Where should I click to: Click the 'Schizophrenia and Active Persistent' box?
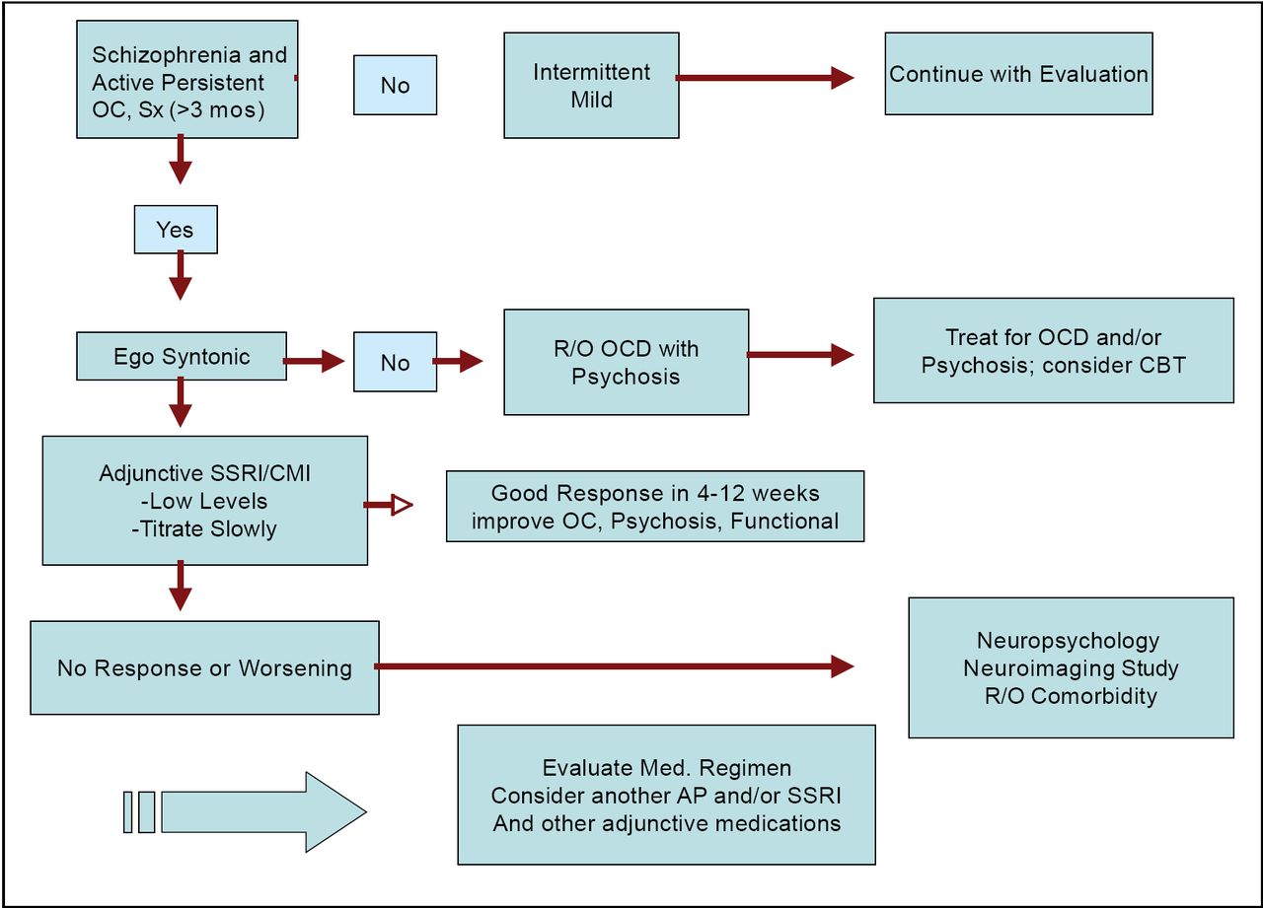pos(186,82)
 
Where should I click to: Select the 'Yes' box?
pos(175,230)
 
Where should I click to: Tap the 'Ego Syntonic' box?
pos(182,356)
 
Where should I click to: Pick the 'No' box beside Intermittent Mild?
pos(395,86)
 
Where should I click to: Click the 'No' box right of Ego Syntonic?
pos(395,363)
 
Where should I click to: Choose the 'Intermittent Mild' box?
pos(591,86)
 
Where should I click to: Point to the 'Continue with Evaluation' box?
pos(1018,74)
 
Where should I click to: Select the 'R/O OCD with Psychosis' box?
pos(626,362)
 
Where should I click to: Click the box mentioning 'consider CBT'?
pos(1053,351)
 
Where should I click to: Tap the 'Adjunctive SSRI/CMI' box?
pos(205,501)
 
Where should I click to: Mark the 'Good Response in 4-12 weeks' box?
pos(654,507)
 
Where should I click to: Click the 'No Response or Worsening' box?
pos(204,667)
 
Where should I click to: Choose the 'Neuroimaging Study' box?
pos(1071,667)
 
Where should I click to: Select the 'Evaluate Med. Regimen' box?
pos(666,795)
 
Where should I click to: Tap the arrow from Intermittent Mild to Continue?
pos(765,78)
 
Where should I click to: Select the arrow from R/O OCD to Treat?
pos(799,355)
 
